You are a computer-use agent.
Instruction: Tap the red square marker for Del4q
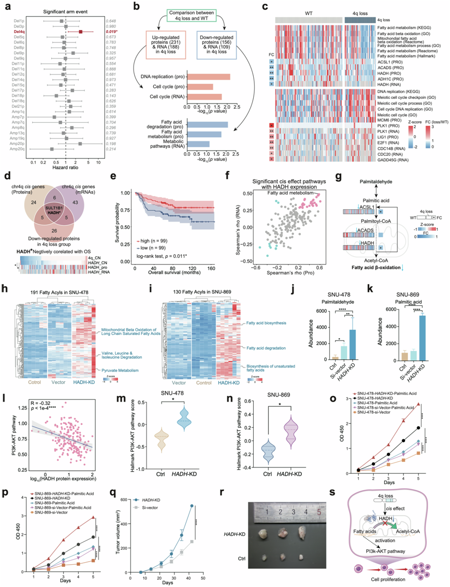click(x=81, y=32)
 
